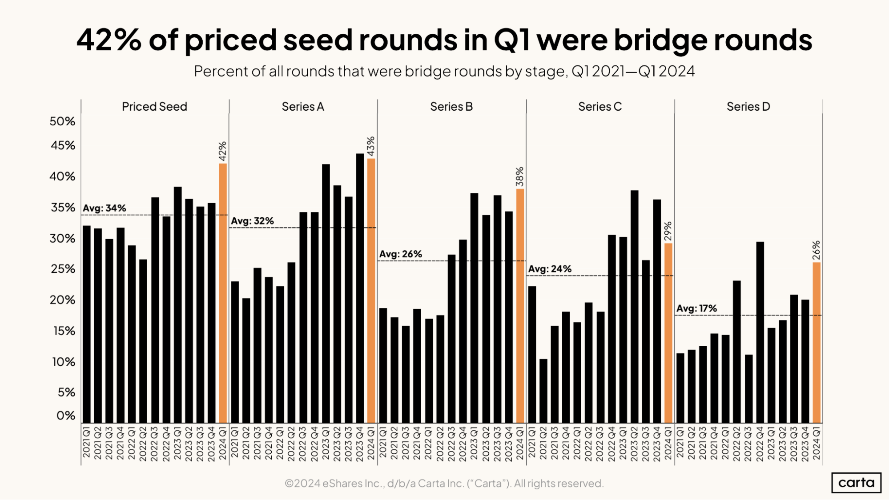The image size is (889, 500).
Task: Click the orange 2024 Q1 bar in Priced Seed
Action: [223, 293]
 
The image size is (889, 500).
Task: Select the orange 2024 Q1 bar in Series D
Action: [817, 342]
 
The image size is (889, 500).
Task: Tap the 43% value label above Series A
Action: [371, 146]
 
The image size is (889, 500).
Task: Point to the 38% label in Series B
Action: [519, 176]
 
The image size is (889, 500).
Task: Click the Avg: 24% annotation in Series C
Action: [550, 269]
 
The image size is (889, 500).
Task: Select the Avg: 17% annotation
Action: [696, 308]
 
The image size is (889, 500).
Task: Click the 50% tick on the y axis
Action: [62, 121]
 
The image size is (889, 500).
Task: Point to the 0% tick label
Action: [66, 416]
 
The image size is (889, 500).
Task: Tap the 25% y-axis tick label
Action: [63, 269]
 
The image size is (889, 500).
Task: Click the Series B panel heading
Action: [451, 107]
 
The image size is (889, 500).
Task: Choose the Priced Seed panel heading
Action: [154, 107]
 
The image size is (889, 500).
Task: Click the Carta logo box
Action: [856, 483]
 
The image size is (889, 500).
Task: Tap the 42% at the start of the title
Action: [109, 40]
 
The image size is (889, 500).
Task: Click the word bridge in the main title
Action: [661, 40]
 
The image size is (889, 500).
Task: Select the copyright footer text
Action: [444, 483]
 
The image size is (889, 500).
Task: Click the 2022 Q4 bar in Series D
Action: [760, 332]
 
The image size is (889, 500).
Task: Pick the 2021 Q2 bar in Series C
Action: [543, 391]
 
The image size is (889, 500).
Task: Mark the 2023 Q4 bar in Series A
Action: [360, 288]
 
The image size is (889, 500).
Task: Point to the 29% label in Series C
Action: [668, 231]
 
